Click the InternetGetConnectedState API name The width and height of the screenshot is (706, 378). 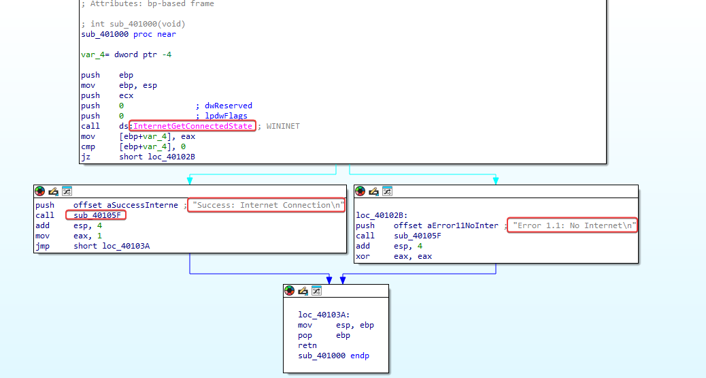click(192, 126)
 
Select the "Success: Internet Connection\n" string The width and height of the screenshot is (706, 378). click(267, 205)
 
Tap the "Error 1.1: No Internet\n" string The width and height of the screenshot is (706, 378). click(572, 225)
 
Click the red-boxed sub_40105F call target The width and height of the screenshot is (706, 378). click(97, 216)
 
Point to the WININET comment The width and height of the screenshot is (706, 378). click(283, 126)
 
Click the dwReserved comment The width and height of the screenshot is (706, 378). click(229, 106)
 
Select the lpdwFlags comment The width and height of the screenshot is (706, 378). click(226, 116)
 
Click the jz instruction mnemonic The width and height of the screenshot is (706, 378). click(86, 157)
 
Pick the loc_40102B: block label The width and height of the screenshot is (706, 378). click(382, 216)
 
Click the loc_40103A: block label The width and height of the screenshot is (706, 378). click(324, 315)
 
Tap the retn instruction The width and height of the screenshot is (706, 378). click(307, 345)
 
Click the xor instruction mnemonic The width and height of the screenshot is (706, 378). click(363, 257)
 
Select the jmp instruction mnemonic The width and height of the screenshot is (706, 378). click(43, 247)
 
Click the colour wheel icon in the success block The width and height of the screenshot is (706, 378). click(40, 191)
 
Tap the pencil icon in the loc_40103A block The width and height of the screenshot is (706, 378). click(303, 291)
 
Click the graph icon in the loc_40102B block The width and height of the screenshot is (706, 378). click(387, 191)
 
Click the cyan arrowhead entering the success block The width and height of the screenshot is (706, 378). click(190, 180)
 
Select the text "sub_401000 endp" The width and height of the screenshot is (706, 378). click(334, 356)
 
